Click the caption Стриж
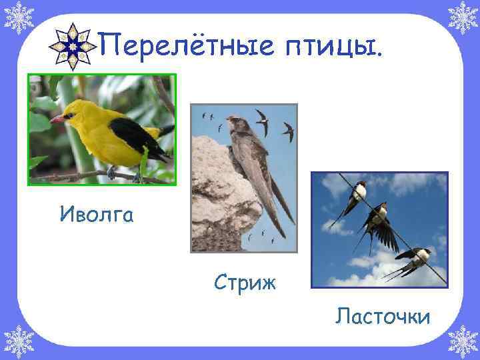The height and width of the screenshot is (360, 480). coord(245,282)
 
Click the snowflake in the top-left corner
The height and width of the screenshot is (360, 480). coord(18,18)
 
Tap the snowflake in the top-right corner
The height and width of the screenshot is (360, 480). coord(462,18)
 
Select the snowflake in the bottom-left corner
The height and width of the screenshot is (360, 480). coord(18,341)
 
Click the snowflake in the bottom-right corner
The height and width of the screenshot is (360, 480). coord(462,341)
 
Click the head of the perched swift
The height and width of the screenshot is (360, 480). coord(233,123)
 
